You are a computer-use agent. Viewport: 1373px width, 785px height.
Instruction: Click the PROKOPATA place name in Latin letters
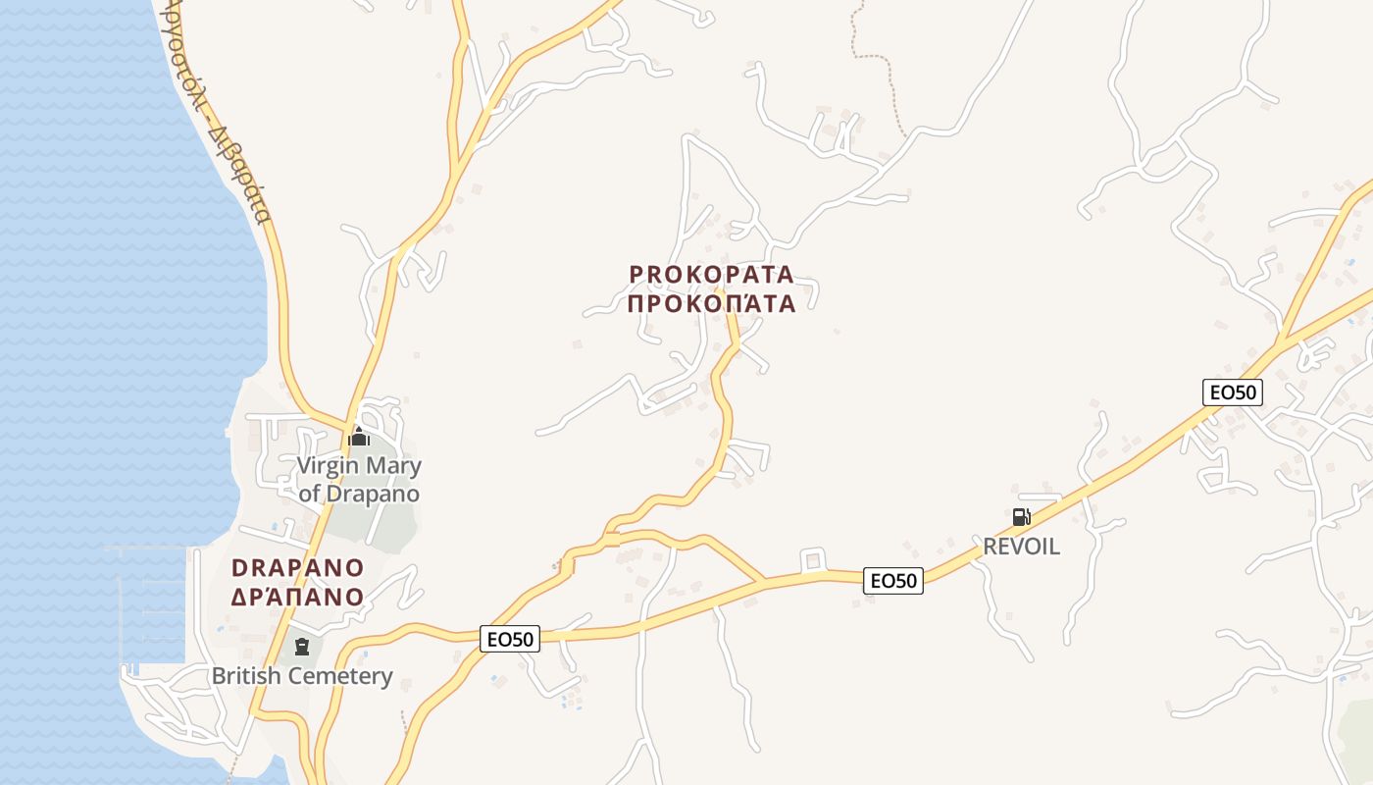pyautogui.click(x=711, y=274)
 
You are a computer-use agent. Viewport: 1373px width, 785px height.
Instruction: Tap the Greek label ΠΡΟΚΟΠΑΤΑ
pyautogui.click(x=711, y=302)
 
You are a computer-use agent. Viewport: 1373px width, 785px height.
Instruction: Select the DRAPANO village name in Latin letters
pyautogui.click(x=298, y=568)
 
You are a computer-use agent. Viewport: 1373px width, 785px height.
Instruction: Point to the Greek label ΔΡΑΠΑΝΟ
pyautogui.click(x=298, y=596)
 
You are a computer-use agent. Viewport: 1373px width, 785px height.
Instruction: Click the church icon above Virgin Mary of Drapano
pyautogui.click(x=359, y=437)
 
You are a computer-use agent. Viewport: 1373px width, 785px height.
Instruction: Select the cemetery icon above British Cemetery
pyautogui.click(x=302, y=647)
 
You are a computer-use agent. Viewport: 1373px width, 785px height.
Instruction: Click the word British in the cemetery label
pyautogui.click(x=246, y=676)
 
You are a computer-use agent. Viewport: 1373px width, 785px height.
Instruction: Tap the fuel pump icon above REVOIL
pyautogui.click(x=1021, y=517)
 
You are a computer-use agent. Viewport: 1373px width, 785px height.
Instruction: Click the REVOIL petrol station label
pyautogui.click(x=1021, y=547)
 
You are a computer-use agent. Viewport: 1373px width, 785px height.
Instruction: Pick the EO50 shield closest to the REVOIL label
pyautogui.click(x=893, y=581)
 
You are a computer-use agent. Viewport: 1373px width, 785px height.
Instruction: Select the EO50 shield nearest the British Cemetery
pyautogui.click(x=511, y=640)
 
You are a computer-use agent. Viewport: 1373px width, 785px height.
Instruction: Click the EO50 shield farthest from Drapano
pyautogui.click(x=1233, y=392)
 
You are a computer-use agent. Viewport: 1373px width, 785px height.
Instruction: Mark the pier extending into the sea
pyautogui.click(x=147, y=549)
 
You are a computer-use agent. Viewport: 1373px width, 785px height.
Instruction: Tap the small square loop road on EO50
pyautogui.click(x=811, y=560)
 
